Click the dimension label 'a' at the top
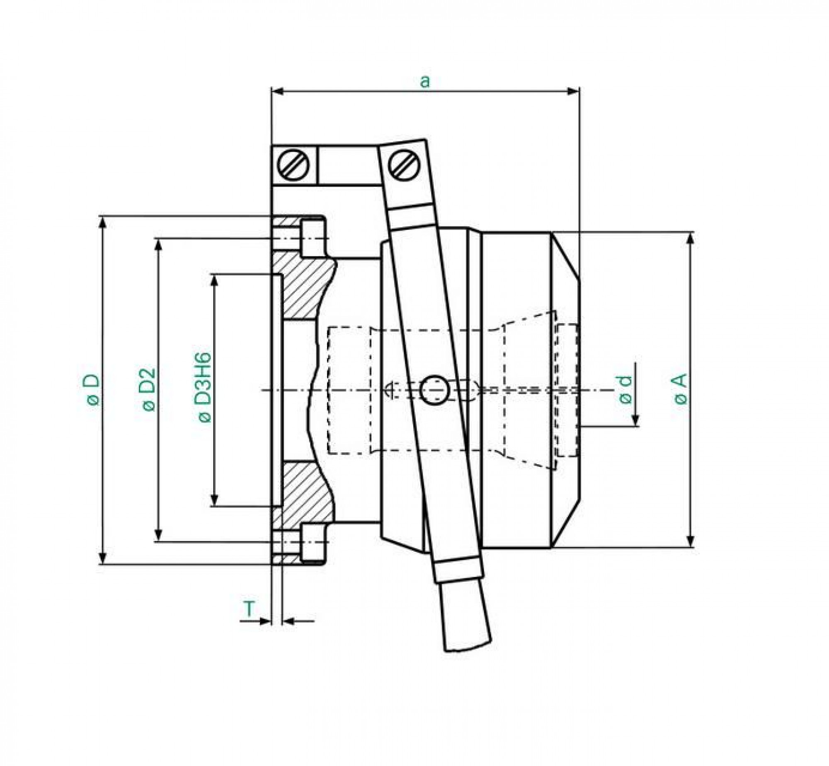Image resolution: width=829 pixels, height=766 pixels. tap(425, 82)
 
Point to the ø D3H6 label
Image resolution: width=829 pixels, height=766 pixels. tap(205, 388)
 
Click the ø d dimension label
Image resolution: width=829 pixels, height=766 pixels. tap(626, 389)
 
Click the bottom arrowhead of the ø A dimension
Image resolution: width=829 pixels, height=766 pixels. tap(690, 541)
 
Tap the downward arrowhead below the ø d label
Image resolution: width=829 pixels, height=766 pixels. tap(635, 420)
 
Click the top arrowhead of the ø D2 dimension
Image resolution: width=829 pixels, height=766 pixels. tap(158, 245)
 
